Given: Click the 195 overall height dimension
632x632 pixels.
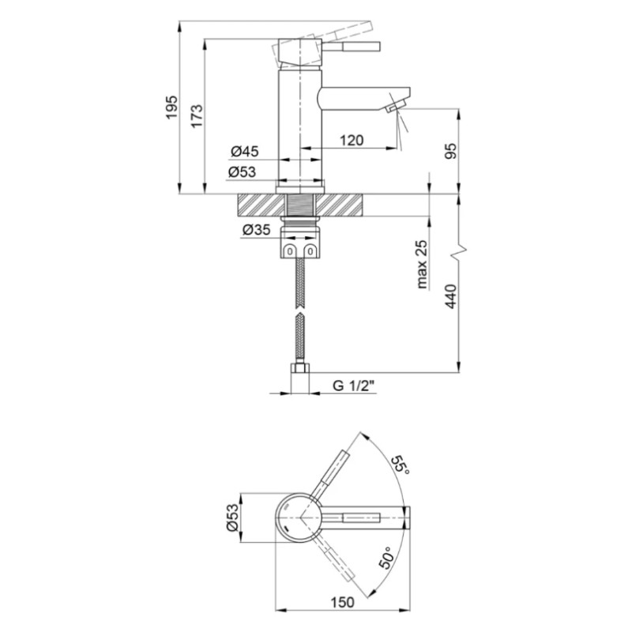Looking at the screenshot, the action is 172,107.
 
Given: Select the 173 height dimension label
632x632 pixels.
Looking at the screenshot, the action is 197,116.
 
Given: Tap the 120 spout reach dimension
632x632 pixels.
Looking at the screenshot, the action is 352,141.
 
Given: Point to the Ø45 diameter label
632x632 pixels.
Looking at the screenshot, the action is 245,152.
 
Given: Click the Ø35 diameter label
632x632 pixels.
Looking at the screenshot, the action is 256,230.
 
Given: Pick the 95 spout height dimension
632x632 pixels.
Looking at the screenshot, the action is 451,151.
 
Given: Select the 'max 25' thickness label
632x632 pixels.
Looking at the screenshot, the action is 422,265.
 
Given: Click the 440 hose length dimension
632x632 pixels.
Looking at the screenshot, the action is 451,296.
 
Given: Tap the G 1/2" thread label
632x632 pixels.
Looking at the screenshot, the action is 354,386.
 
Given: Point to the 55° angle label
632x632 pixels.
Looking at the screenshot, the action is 400,465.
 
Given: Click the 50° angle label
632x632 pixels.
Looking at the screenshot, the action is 388,558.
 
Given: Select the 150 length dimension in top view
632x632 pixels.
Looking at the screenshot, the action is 343,602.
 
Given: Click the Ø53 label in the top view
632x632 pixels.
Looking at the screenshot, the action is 233,517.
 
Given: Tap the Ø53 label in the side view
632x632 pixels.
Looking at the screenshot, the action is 242,172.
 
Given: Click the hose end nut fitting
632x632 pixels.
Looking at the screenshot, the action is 299,378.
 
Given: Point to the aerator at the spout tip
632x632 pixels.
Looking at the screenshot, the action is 393,107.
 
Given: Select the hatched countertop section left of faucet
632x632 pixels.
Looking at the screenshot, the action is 262,205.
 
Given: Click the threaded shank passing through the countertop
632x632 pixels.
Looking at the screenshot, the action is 300,205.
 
